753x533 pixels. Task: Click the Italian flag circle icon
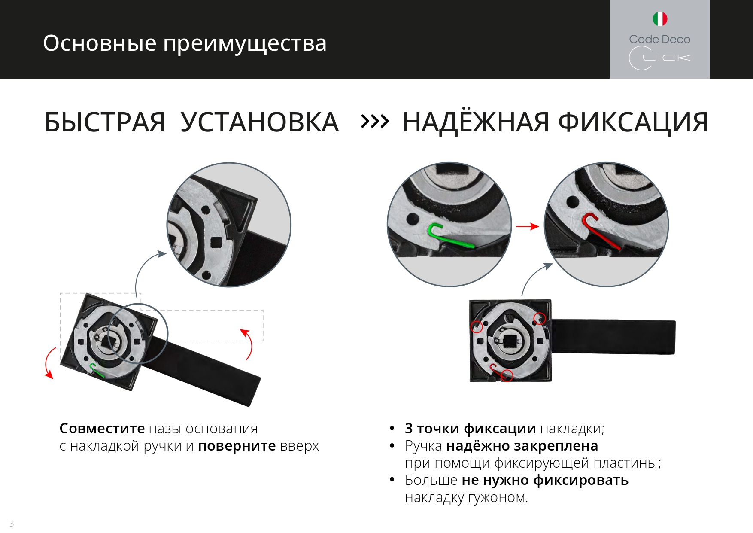tap(660, 19)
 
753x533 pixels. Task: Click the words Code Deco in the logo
tap(660, 39)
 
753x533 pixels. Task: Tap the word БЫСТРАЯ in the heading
tap(105, 122)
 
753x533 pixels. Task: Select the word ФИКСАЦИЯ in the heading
tap(633, 122)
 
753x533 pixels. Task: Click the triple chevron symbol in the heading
tap(375, 122)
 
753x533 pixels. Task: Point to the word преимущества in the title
tap(245, 44)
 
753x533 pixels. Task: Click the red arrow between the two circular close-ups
tap(527, 226)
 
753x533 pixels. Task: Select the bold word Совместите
tap(102, 428)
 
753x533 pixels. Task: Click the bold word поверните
tap(237, 446)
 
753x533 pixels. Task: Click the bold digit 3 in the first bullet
tap(409, 428)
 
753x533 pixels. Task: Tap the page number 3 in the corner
tap(12, 524)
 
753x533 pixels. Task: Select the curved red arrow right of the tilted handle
tap(248, 344)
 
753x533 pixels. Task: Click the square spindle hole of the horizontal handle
tap(510, 341)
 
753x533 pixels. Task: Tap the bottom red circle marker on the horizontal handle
tap(507, 375)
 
